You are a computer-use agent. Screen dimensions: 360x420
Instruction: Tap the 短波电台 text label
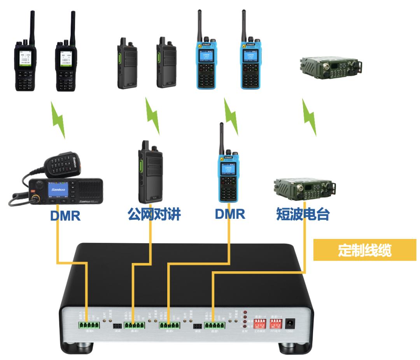[302, 213]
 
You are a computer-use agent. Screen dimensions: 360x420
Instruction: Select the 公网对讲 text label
[154, 213]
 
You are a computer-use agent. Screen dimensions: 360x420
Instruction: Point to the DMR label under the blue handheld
[229, 213]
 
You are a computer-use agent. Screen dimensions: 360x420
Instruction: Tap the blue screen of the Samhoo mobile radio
[57, 191]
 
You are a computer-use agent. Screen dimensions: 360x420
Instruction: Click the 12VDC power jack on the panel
[289, 323]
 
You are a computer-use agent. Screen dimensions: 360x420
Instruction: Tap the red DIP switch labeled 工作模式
[260, 323]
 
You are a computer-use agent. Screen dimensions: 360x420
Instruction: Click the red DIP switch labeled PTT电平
[276, 323]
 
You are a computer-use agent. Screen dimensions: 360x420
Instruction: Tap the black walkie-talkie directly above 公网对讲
[149, 171]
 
